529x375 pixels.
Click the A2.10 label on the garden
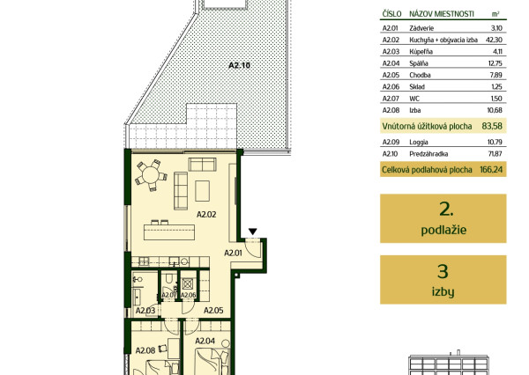tap(239, 65)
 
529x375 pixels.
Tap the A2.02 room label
tap(206, 214)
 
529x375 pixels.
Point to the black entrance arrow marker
tap(253, 232)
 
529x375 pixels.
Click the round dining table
tap(151, 175)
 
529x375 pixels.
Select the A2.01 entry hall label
tap(233, 253)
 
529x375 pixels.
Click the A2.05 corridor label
tap(213, 311)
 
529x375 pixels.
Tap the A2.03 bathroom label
tap(145, 311)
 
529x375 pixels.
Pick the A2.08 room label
tap(145, 350)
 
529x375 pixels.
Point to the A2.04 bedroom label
tap(205, 341)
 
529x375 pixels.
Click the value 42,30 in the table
tap(494, 40)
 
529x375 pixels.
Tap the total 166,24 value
tap(491, 170)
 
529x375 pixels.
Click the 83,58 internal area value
tap(492, 126)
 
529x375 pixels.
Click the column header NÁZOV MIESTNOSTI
tap(442, 14)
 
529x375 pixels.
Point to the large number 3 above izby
tap(443, 271)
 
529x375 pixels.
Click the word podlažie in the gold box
tap(443, 230)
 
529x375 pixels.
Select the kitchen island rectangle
tap(169, 232)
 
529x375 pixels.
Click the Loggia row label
tap(419, 143)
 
